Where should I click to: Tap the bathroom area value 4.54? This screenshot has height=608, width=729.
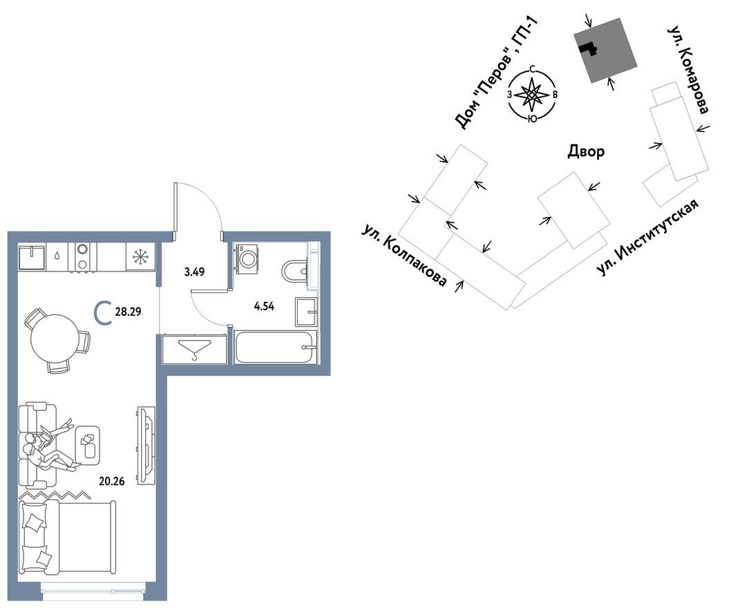[264, 306]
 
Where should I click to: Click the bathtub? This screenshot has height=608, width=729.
[276, 347]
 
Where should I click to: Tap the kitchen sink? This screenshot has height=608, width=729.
[32, 257]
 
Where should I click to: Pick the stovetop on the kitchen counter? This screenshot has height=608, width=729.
[83, 256]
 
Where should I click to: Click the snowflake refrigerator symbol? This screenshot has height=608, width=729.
[140, 257]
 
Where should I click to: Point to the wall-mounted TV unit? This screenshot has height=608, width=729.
[144, 446]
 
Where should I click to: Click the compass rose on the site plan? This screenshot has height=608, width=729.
[532, 95]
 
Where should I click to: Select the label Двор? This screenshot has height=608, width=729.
[585, 151]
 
